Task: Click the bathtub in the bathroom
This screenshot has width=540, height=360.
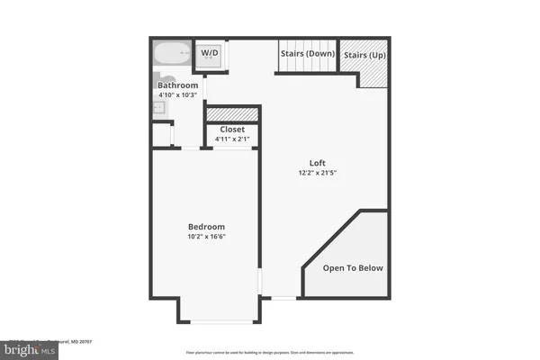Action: (x=171, y=53)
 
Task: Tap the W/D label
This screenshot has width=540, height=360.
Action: (x=209, y=53)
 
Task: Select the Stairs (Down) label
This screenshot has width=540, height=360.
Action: (x=308, y=53)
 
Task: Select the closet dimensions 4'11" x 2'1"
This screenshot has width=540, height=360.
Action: (x=234, y=139)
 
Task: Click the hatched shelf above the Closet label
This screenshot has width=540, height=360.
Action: (x=232, y=114)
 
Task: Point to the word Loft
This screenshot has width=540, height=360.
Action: (x=317, y=163)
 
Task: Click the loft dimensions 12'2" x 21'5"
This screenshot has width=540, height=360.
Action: (x=317, y=173)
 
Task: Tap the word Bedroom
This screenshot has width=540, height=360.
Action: (x=206, y=226)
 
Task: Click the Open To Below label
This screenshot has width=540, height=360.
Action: (x=353, y=267)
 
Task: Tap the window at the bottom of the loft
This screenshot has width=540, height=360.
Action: (x=283, y=297)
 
